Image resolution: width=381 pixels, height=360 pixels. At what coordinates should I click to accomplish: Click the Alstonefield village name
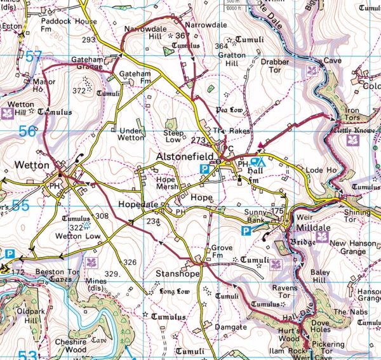pos(187,156)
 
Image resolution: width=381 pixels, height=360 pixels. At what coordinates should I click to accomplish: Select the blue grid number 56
pos(27,131)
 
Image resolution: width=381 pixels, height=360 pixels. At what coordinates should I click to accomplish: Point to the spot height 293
pos(88,40)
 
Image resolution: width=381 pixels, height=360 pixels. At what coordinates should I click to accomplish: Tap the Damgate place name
pos(231,326)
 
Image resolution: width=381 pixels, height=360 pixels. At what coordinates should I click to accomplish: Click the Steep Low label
pos(173,137)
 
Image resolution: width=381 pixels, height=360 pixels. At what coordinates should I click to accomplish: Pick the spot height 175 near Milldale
pos(276,210)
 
